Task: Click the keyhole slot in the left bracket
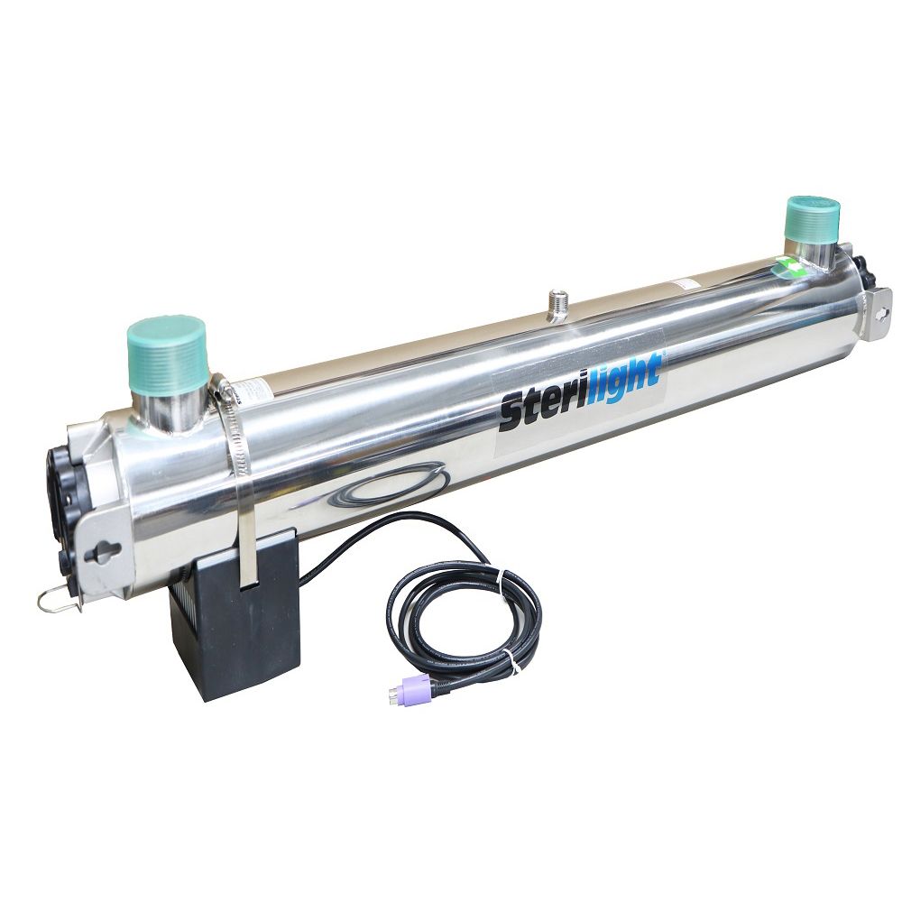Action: pos(106,550)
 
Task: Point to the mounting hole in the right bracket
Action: pos(881,312)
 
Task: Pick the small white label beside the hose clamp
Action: pos(256,389)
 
